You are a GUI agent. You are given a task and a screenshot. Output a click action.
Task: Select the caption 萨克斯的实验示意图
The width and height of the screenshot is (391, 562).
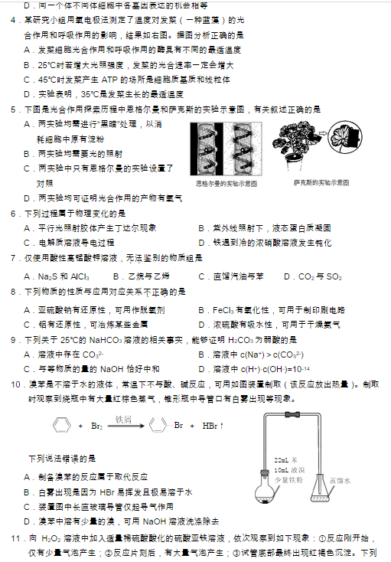(321, 183)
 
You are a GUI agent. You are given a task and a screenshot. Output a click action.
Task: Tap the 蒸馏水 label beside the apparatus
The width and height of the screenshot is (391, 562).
(340, 480)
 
